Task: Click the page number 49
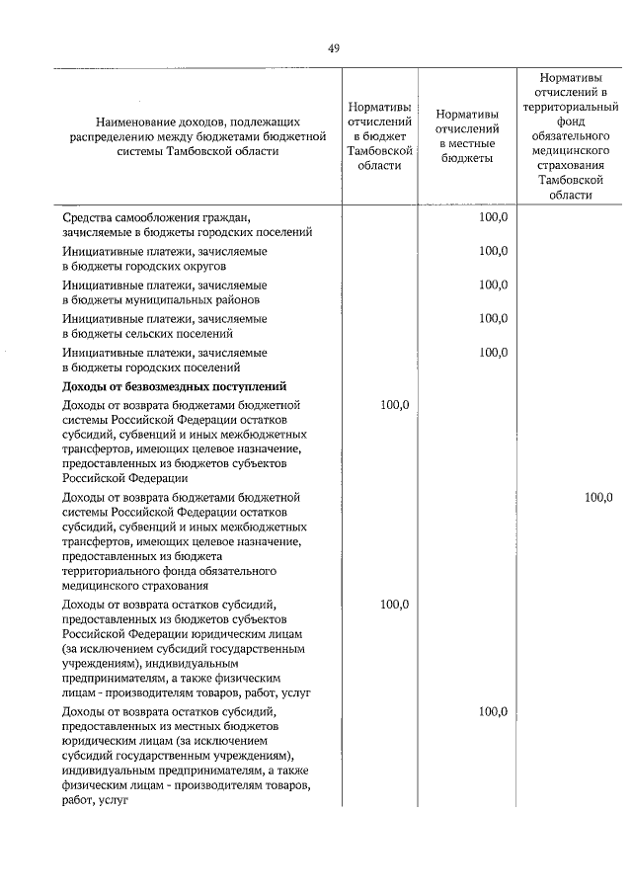click(333, 48)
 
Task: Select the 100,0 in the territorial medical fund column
click(597, 498)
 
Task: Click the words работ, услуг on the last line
click(96, 801)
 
